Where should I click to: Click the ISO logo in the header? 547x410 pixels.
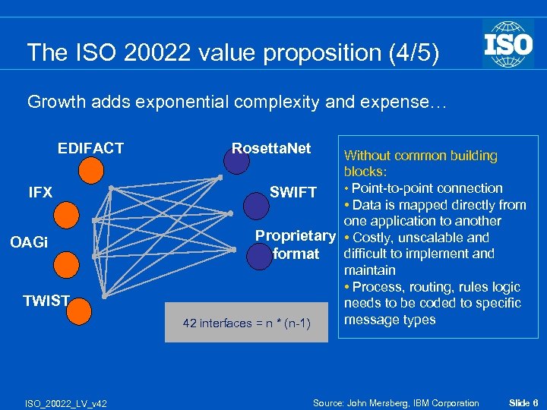[x=508, y=43]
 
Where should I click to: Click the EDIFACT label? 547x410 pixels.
[x=90, y=148]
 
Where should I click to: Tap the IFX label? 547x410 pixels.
[x=40, y=192]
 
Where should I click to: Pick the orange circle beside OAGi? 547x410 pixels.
[x=66, y=263]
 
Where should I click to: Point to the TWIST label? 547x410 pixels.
[x=46, y=301]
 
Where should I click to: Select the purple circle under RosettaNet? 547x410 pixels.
[x=236, y=160]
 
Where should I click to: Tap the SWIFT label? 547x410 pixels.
[x=292, y=193]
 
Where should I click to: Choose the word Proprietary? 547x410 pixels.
[x=295, y=235]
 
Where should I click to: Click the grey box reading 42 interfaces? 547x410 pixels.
[x=246, y=323]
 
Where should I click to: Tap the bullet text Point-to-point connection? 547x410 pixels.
[x=426, y=188]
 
